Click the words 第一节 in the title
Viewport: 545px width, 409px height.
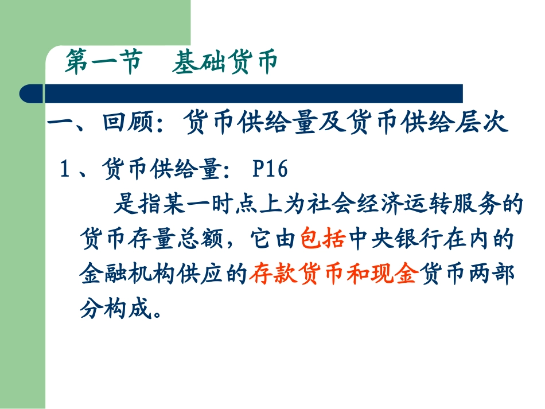[103, 63]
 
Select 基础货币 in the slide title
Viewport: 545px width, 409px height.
[224, 63]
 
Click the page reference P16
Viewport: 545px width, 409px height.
[269, 170]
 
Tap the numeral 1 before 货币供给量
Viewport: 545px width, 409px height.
[65, 170]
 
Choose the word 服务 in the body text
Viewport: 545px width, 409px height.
[492, 205]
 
